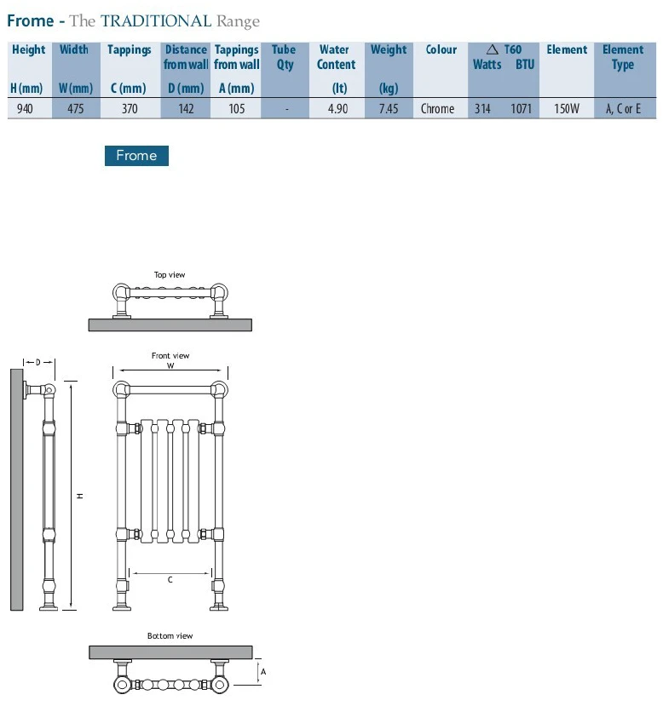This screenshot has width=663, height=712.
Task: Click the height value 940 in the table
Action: [25, 109]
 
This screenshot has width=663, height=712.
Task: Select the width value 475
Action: [76, 109]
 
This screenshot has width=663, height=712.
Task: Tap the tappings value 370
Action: [130, 109]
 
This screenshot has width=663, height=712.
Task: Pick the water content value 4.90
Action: [337, 109]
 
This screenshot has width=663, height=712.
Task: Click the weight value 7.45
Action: [389, 109]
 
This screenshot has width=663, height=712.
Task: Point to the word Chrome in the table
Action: [437, 109]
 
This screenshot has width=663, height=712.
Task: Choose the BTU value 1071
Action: [521, 109]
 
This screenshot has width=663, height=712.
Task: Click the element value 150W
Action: [566, 109]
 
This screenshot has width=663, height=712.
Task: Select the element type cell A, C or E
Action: [623, 109]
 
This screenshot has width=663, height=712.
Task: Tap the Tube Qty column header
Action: [284, 57]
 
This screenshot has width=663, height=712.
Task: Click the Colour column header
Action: [441, 49]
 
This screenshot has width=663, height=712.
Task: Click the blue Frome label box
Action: [136, 156]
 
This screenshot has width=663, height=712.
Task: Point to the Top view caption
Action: [170, 275]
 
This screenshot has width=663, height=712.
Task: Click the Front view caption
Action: [170, 355]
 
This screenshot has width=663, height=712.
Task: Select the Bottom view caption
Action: [170, 635]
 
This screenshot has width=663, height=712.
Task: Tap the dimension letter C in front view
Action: [170, 580]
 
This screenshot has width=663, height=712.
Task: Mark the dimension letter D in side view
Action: [38, 362]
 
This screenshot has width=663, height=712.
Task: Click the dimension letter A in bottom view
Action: [263, 672]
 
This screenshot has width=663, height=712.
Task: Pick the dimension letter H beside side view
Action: [80, 497]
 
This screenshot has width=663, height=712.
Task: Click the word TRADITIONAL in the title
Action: [156, 21]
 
